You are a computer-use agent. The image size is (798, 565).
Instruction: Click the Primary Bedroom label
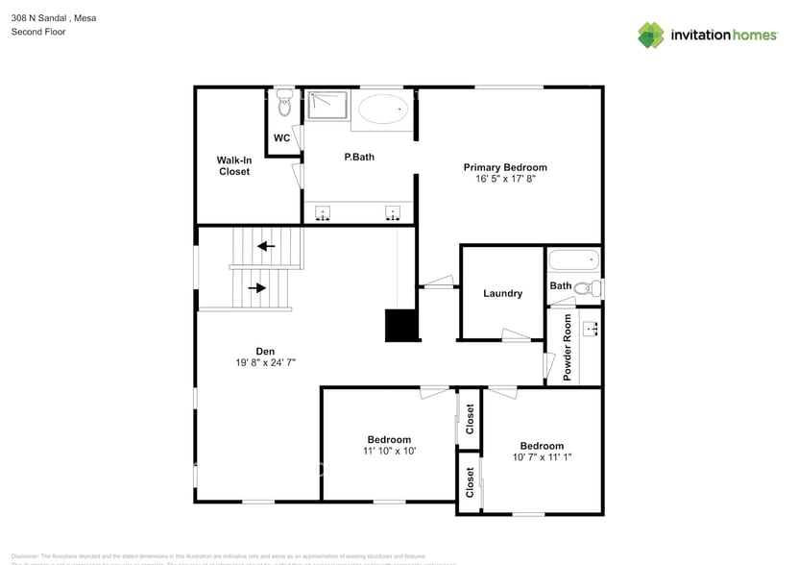click(x=511, y=167)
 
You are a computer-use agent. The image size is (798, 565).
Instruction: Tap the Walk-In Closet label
click(x=234, y=165)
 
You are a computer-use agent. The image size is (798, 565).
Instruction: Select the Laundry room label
click(x=502, y=293)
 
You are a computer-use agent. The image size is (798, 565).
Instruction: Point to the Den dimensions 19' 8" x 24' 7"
click(x=265, y=362)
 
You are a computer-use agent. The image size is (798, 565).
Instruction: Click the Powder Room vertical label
click(x=568, y=347)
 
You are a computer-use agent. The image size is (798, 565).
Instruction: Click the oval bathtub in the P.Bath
click(x=381, y=111)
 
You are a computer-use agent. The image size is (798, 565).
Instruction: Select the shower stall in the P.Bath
click(x=326, y=105)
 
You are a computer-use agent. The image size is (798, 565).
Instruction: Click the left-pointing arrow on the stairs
click(x=266, y=246)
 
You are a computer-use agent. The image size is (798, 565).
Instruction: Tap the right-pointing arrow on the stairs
click(x=257, y=287)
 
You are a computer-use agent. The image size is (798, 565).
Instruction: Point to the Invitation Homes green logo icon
click(x=651, y=36)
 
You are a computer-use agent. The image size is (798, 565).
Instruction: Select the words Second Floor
click(x=38, y=32)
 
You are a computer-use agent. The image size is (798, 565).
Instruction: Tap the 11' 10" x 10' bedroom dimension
click(x=388, y=450)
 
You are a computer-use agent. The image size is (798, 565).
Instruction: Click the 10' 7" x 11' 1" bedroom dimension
click(x=542, y=457)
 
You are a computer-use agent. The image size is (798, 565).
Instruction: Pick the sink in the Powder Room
click(x=591, y=330)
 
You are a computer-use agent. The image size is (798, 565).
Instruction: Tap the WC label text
click(x=281, y=138)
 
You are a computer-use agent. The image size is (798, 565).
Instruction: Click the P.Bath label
click(x=359, y=157)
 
